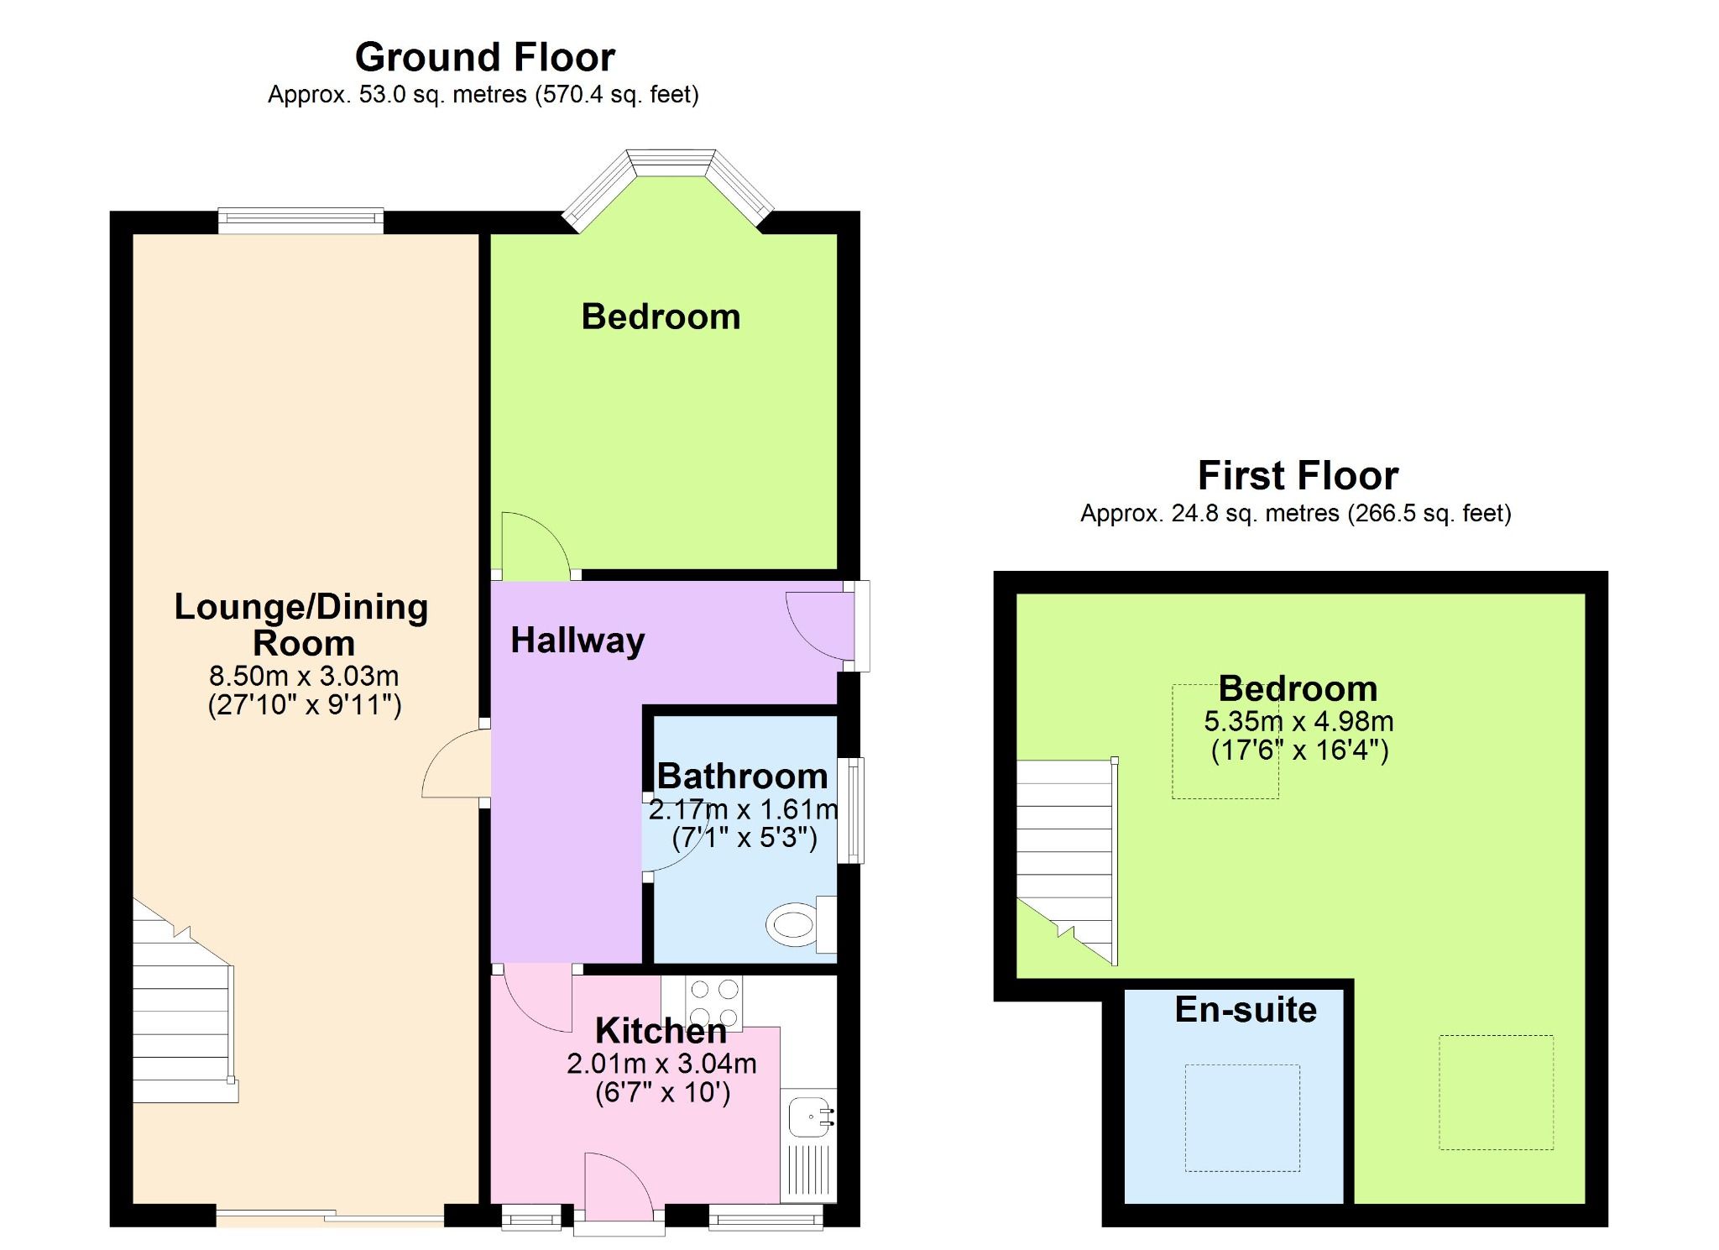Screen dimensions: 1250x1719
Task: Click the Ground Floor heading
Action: pyautogui.click(x=484, y=57)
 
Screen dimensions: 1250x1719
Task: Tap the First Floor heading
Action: pyautogui.click(x=1297, y=475)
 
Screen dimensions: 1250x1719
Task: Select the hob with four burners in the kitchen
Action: pyautogui.click(x=714, y=1002)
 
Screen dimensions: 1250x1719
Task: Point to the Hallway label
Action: pyautogui.click(x=577, y=641)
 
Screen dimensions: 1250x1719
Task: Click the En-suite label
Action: pyautogui.click(x=1245, y=1009)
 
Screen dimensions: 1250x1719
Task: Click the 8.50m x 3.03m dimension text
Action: pyautogui.click(x=304, y=676)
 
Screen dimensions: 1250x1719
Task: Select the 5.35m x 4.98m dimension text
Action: pyautogui.click(x=1298, y=721)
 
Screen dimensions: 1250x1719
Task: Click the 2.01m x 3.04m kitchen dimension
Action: pyautogui.click(x=661, y=1064)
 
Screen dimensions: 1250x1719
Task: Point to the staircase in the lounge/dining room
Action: pyautogui.click(x=182, y=1016)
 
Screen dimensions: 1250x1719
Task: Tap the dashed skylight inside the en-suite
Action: pyautogui.click(x=1241, y=1117)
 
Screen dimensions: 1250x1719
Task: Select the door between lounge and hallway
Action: pyautogui.click(x=456, y=764)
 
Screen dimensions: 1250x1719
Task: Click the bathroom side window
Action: pyautogui.click(x=854, y=810)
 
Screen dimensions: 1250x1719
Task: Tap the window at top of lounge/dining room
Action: pyautogui.click(x=300, y=220)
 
